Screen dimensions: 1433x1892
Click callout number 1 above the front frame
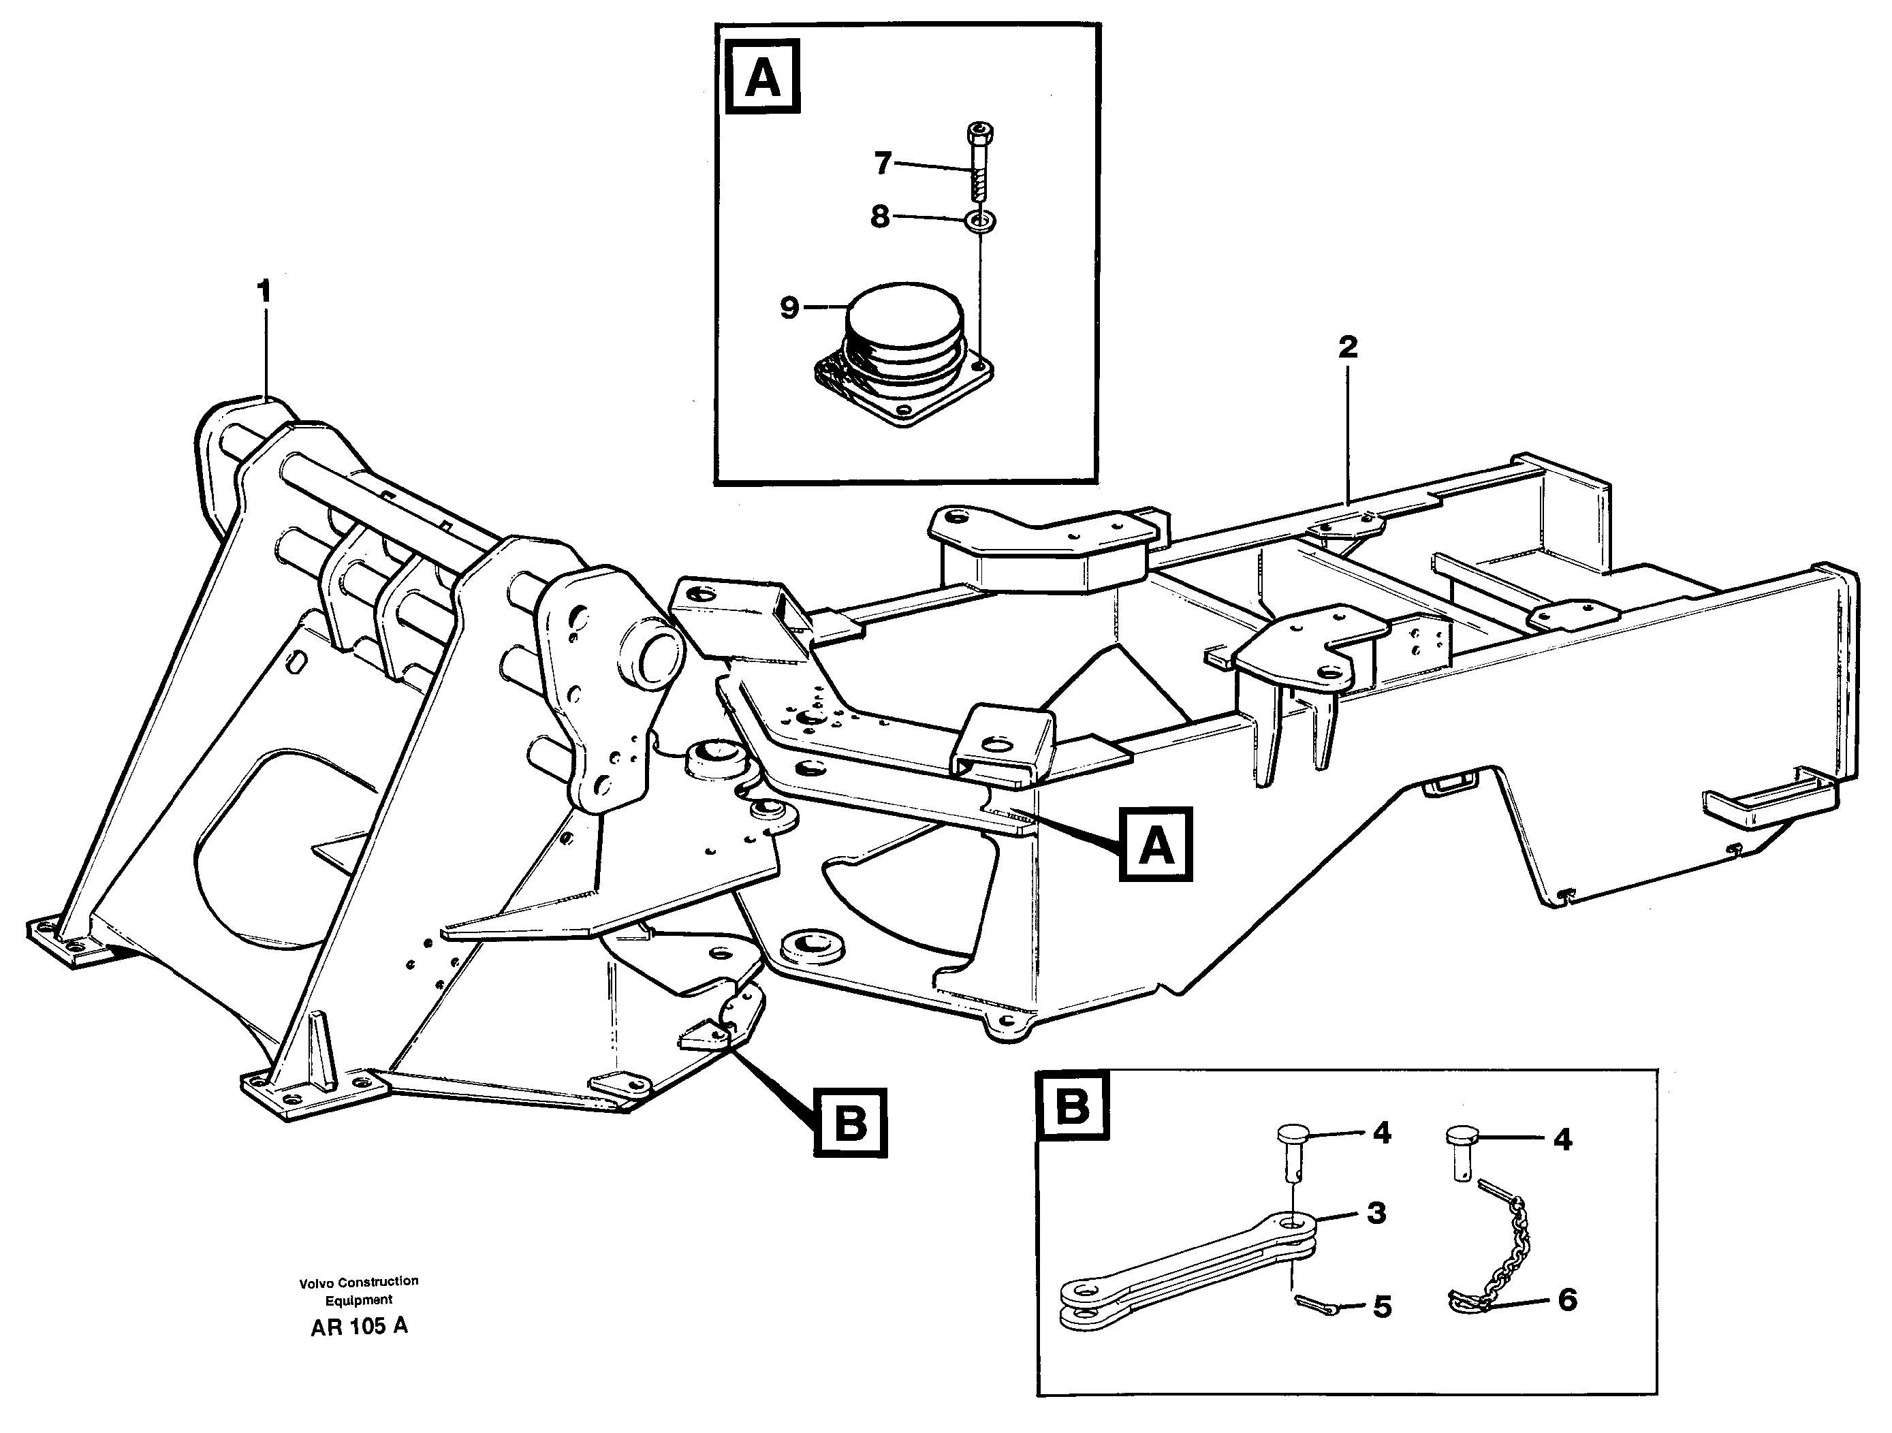264,293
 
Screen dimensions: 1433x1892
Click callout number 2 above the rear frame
1348,347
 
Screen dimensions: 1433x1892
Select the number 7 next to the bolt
883,163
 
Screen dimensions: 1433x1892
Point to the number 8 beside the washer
880,217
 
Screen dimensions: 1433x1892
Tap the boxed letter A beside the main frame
1156,846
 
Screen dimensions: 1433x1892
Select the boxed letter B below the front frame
850,1123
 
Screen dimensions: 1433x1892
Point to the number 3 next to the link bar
1375,1213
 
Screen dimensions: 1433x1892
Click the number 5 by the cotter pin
1382,1307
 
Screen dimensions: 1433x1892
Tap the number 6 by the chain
1567,1300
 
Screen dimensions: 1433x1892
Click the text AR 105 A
359,1327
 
